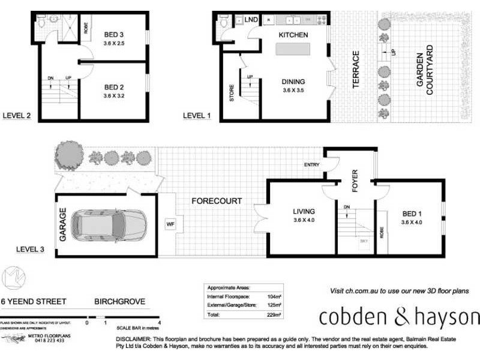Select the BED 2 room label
(x=113, y=87)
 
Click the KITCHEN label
(x=293, y=35)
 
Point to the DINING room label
(x=293, y=82)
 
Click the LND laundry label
(x=251, y=20)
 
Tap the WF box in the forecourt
(x=170, y=224)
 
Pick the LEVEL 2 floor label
(x=17, y=116)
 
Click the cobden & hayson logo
(x=399, y=316)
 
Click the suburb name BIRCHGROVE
(x=119, y=301)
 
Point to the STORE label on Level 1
(x=231, y=94)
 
